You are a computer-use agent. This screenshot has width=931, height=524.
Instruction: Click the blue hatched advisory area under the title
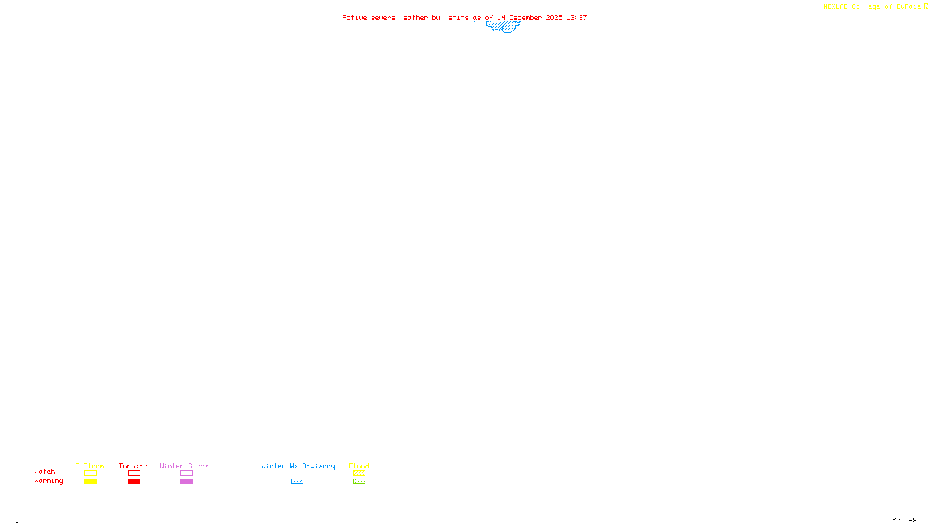[503, 26]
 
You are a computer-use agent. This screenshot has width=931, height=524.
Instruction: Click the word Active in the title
[354, 18]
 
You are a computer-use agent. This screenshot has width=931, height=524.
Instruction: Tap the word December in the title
[525, 18]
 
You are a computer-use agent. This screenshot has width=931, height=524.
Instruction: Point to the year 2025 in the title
[554, 18]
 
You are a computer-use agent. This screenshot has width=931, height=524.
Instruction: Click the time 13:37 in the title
[577, 18]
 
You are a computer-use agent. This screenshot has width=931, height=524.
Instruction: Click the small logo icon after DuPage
[926, 6]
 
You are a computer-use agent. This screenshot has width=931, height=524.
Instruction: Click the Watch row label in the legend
[45, 472]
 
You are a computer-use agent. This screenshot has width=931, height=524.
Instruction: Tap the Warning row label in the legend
[48, 481]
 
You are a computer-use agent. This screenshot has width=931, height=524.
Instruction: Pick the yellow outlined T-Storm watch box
[90, 473]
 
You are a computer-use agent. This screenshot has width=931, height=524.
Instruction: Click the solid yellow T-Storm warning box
[90, 481]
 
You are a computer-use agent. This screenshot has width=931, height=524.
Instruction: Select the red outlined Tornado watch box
[134, 473]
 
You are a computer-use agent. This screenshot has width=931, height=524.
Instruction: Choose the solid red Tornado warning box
[134, 481]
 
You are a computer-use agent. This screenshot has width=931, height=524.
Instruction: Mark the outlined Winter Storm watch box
[186, 473]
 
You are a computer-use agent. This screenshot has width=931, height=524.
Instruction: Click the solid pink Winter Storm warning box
[186, 481]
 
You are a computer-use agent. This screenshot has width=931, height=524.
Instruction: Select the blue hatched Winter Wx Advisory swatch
[297, 481]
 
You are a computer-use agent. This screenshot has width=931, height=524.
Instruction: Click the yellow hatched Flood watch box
[359, 473]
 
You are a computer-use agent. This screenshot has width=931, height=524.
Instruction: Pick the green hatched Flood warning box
[359, 481]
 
